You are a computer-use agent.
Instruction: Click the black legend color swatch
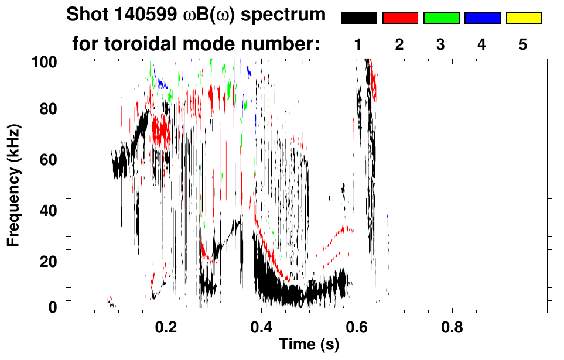[x=359, y=18]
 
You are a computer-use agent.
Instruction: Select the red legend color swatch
[x=400, y=18]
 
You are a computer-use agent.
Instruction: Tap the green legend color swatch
[x=441, y=18]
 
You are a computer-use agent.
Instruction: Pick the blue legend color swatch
[x=482, y=18]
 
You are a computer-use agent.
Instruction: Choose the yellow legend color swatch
[x=523, y=18]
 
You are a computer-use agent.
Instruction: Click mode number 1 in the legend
[x=358, y=44]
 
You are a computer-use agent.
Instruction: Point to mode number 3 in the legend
[x=440, y=44]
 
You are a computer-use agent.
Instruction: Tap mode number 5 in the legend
[x=523, y=44]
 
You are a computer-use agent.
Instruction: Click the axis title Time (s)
[x=309, y=345]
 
